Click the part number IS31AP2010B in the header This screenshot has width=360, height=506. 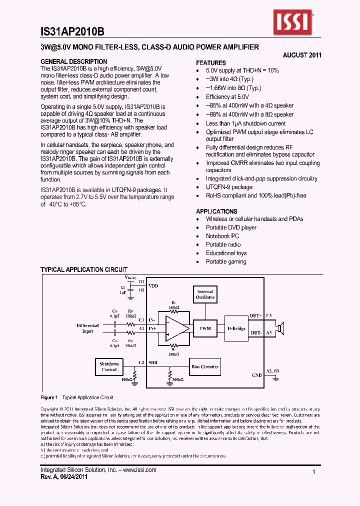coord(72,31)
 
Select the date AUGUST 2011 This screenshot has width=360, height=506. coord(301,55)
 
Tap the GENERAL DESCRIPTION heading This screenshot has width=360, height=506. coord(73,61)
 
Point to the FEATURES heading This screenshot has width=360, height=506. coord(210,63)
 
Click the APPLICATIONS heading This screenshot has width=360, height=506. coord(216,211)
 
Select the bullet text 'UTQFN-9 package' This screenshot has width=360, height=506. coord(229,187)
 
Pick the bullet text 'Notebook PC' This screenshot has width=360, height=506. coord(222,236)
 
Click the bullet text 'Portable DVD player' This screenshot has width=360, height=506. coord(231,227)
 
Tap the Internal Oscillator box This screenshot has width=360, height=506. coord(204,294)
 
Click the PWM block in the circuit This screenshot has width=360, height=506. coord(204,328)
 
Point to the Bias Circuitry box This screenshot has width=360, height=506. coord(205,366)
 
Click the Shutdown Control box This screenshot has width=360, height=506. coord(109,366)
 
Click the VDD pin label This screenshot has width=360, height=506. coord(153,285)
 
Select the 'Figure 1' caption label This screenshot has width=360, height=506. coord(49,397)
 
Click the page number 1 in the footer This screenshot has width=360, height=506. coord(313,472)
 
